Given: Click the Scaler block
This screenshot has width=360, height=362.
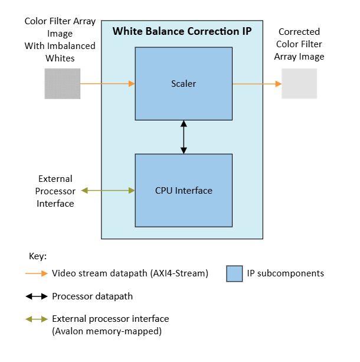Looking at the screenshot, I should (x=183, y=83).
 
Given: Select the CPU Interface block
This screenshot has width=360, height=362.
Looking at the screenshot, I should (x=183, y=190).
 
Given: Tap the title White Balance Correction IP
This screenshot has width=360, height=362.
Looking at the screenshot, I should (x=182, y=30).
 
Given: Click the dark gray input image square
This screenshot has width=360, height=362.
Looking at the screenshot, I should (x=62, y=83).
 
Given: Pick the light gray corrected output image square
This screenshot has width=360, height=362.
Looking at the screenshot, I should (x=299, y=83).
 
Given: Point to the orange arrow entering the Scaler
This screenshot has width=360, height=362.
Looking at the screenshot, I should (x=107, y=84).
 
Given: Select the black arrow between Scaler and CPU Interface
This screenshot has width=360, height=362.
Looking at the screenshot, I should (x=184, y=137).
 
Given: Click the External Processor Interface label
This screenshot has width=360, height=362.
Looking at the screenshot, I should (x=55, y=191).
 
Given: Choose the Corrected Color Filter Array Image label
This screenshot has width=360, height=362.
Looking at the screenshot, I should (x=299, y=44).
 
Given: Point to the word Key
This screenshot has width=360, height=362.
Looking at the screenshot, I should (x=37, y=256).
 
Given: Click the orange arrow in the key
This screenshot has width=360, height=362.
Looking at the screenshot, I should (x=36, y=273).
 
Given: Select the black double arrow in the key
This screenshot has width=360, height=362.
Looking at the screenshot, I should (x=36, y=296).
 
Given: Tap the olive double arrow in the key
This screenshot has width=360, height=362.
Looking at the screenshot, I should (x=36, y=319).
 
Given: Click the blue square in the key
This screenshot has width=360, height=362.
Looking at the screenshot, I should (x=235, y=273).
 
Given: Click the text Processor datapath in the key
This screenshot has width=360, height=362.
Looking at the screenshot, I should (x=92, y=296).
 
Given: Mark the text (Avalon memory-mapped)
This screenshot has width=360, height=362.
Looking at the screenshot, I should (x=107, y=331).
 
